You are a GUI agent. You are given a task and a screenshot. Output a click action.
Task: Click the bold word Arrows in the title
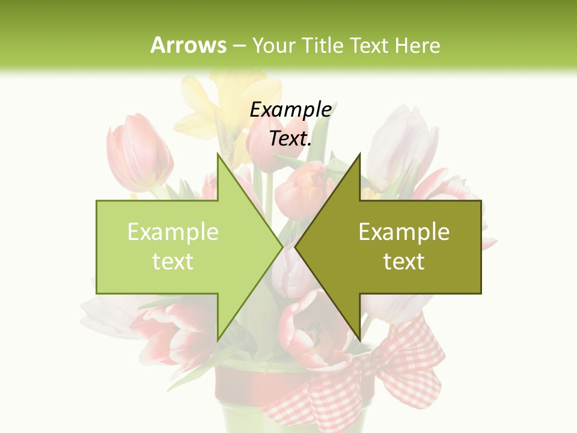pyautogui.click(x=188, y=45)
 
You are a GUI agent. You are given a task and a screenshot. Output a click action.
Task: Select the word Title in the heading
pyautogui.click(x=323, y=45)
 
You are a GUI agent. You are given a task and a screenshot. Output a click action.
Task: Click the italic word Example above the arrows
pyautogui.click(x=290, y=109)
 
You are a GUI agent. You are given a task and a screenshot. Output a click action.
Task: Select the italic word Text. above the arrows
pyautogui.click(x=290, y=138)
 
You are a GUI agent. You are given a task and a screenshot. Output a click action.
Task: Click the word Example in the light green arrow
pyautogui.click(x=173, y=232)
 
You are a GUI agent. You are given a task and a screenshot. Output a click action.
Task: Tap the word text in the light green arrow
pyautogui.click(x=173, y=262)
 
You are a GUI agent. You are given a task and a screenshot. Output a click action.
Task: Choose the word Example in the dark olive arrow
pyautogui.click(x=404, y=232)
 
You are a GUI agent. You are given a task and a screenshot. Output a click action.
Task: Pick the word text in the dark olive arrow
pyautogui.click(x=404, y=262)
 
